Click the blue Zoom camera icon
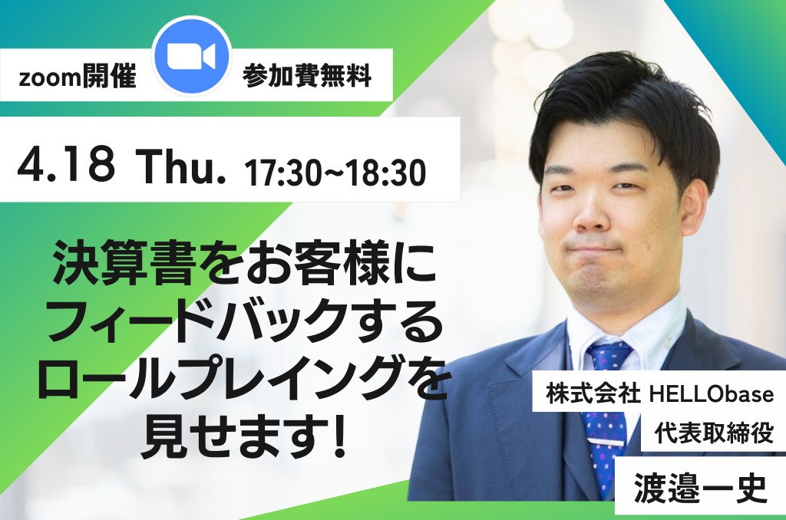pos(191,56)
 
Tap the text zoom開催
pos(78,77)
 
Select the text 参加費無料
pos(307,76)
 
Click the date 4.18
pos(66,164)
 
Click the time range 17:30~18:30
pos(335,173)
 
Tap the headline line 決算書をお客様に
pos(245,262)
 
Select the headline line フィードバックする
pos(245,320)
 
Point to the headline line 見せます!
pos(243,434)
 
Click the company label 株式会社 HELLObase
pos(660,393)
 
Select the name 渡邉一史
pos(700,488)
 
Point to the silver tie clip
pos(606,443)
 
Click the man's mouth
pos(595,248)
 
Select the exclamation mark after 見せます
pos(340,436)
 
